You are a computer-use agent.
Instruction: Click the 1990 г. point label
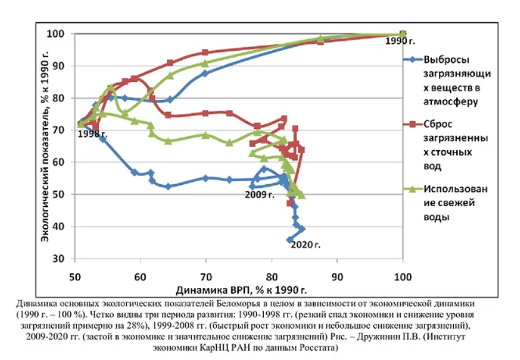[401, 41]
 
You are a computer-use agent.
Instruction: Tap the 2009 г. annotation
[259, 195]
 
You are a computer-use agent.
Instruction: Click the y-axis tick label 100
[58, 34]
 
